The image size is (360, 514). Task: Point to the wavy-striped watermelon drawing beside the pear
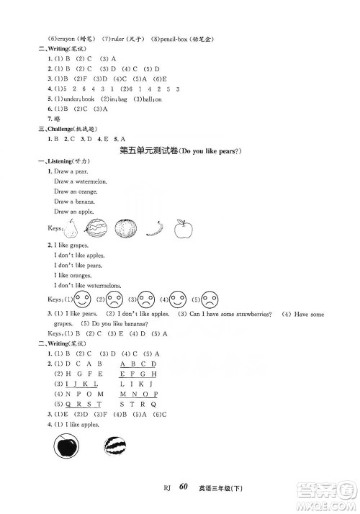click(96, 229)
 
